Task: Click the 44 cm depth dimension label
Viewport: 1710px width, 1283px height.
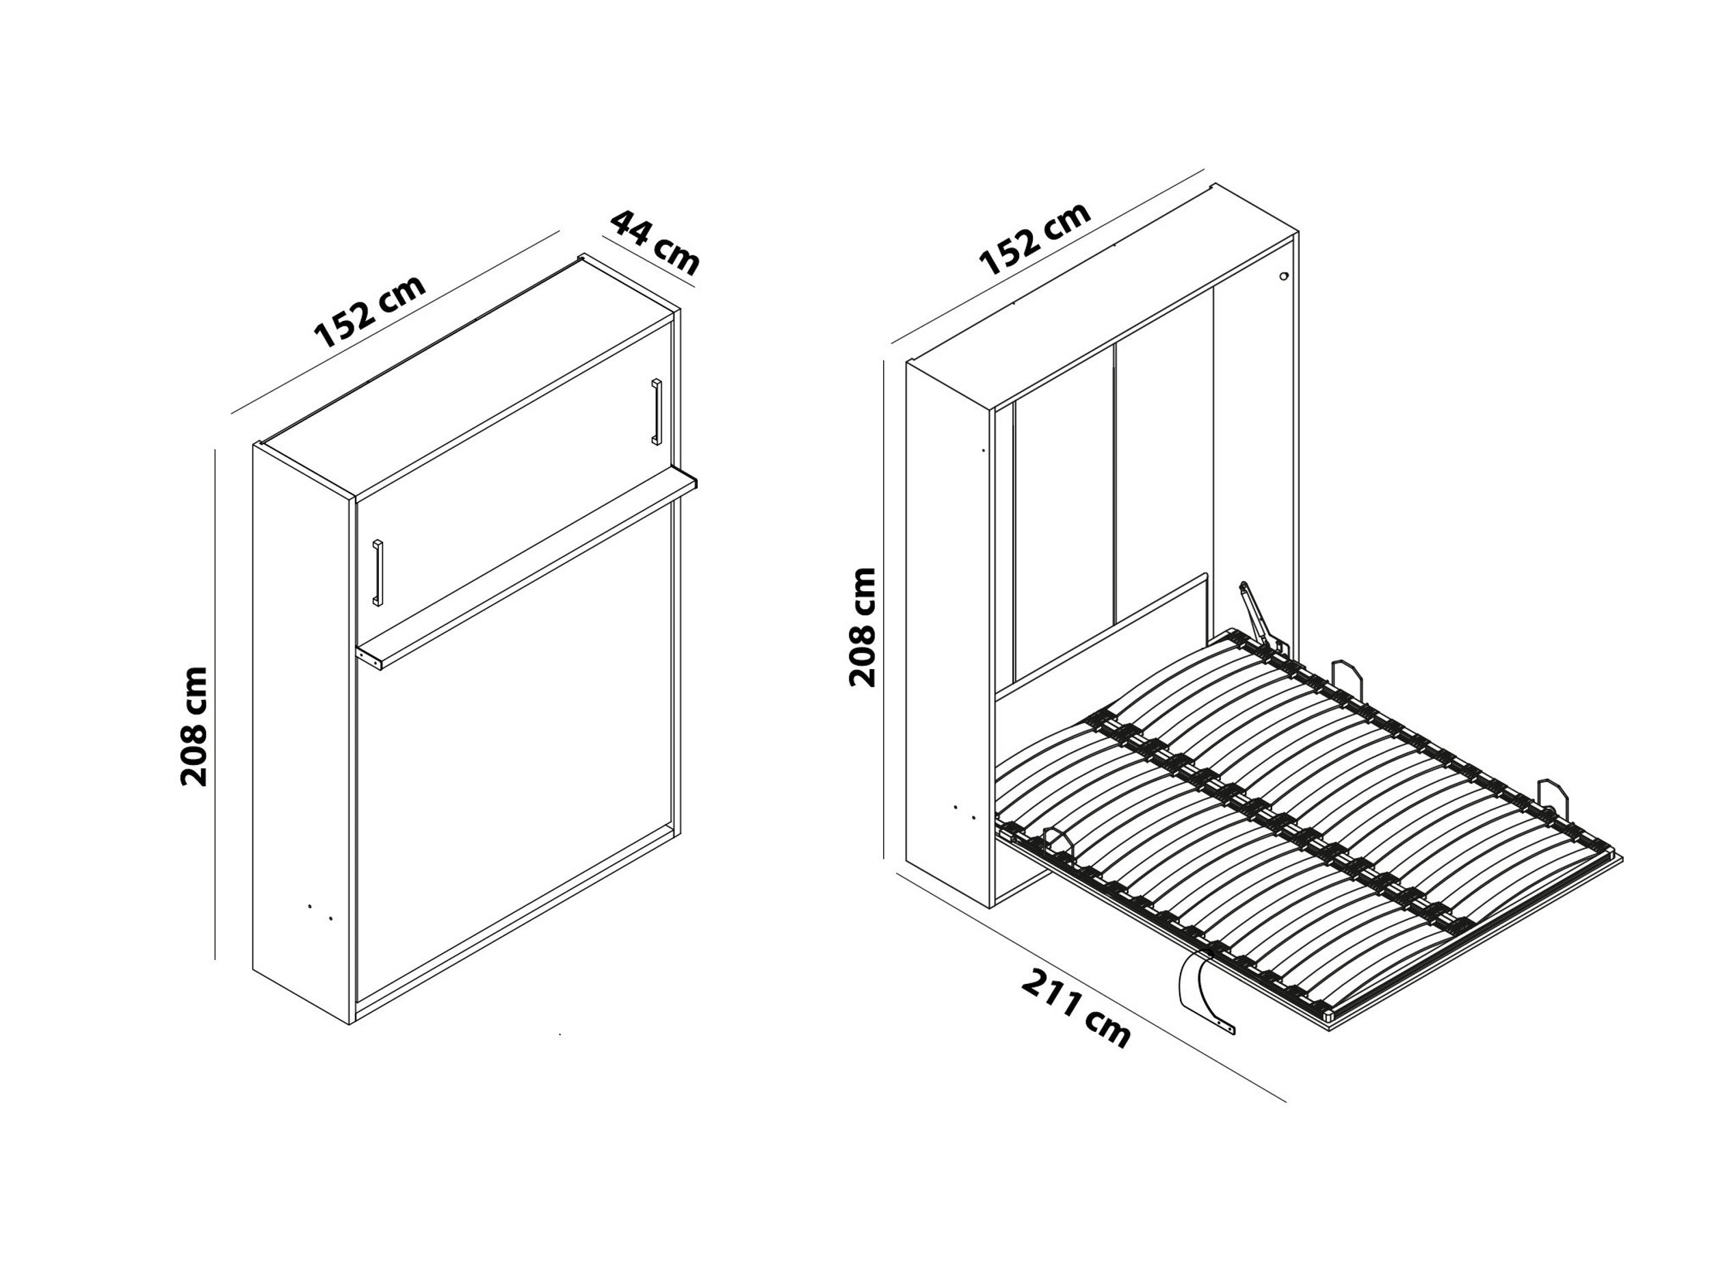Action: tap(655, 242)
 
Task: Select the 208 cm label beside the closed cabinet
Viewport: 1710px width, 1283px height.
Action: tap(194, 726)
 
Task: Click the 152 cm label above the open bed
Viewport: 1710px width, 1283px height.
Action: tap(1034, 237)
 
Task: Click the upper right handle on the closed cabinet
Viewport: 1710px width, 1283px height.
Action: tap(657, 411)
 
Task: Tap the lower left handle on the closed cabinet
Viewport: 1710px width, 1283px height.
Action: tap(378, 572)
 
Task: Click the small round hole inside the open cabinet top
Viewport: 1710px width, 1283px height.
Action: tap(1283, 276)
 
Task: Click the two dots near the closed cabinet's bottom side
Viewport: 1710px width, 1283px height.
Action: tap(320, 913)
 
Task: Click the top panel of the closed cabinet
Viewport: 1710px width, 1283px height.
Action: tap(464, 379)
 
